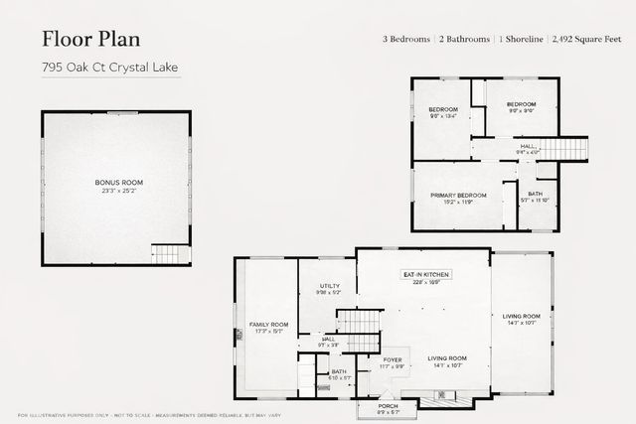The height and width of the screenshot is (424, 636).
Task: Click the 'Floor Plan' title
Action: pyautogui.click(x=90, y=39)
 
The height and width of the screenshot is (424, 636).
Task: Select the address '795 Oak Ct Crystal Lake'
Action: pyautogui.click(x=110, y=69)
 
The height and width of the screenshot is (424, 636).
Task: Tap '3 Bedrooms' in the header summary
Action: pyautogui.click(x=406, y=39)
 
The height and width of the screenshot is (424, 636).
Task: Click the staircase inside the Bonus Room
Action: pyautogui.click(x=170, y=253)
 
